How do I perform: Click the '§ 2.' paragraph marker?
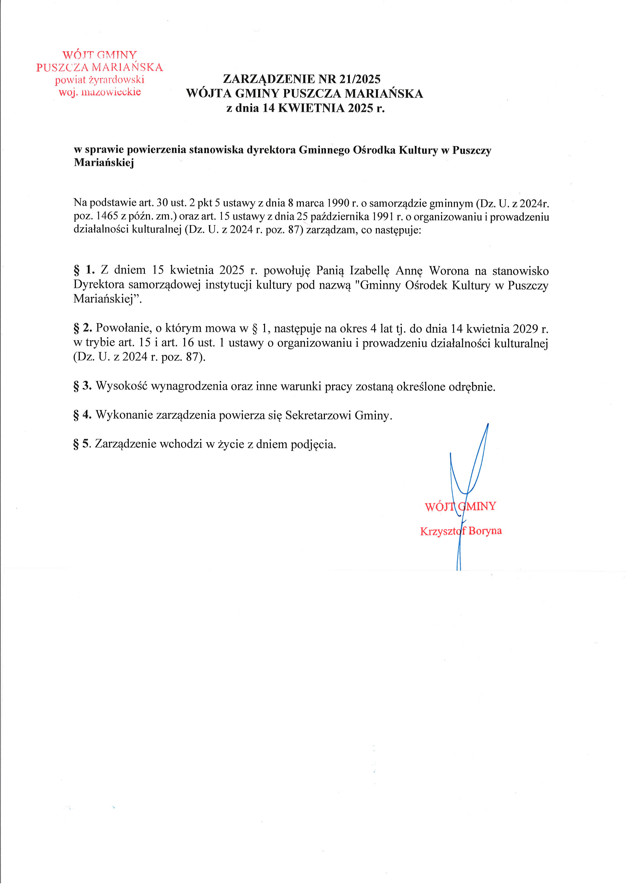83,328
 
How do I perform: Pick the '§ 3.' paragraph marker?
83,386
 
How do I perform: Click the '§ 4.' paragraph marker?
83,415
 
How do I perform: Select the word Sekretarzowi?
318,416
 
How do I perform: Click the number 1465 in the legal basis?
107,216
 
